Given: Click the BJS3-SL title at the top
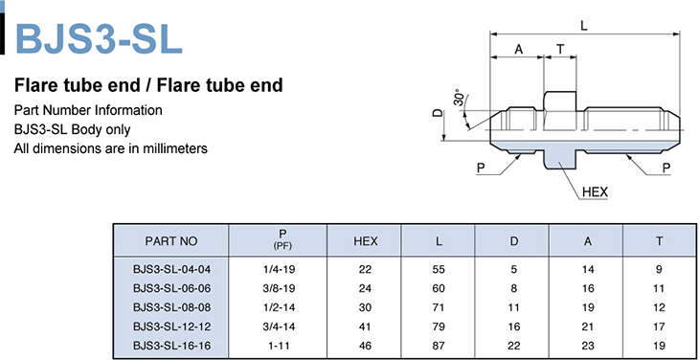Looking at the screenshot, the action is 99,38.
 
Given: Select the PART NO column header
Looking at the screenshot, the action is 170,241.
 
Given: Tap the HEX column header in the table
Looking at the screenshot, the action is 365,241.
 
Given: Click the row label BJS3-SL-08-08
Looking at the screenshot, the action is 171,307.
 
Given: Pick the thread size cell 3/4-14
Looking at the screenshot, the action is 279,326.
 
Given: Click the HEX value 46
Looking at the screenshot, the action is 365,346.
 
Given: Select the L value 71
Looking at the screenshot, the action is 439,307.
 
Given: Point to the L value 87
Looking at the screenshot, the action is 439,346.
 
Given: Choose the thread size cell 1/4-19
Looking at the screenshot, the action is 279,269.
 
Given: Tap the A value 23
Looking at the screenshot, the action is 588,346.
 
